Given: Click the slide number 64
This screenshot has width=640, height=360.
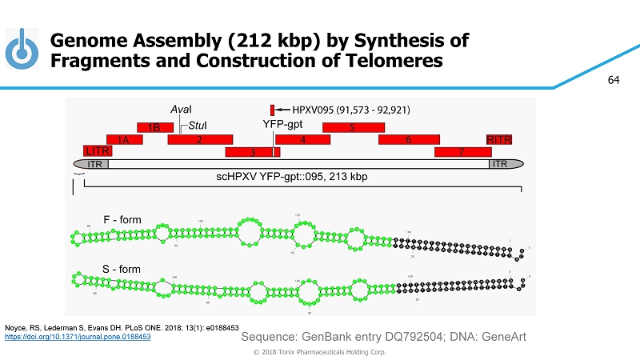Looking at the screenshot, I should (614, 80).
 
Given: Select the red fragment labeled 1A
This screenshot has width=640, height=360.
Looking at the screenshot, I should (124, 140).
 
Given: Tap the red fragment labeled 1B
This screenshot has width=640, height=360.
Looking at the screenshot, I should (155, 127).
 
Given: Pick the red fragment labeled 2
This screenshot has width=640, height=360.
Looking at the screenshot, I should (199, 140).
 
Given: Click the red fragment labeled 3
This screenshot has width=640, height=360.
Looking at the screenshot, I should (252, 152).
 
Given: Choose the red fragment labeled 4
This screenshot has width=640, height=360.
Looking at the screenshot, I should (303, 140).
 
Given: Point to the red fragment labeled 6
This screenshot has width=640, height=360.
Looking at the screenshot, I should (407, 140).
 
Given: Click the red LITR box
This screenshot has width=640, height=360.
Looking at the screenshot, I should (98, 151).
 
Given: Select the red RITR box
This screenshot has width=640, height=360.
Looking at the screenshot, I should (500, 140).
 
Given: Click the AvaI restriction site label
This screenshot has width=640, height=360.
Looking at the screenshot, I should (182, 109).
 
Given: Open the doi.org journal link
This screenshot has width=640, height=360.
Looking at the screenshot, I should (78, 337).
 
